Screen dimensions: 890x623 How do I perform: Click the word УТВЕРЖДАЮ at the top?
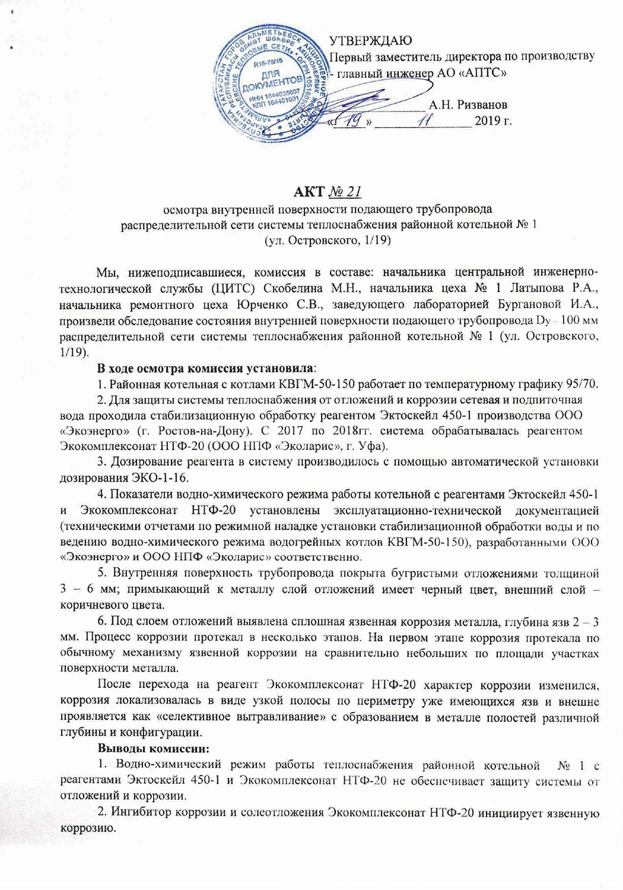pyautogui.click(x=370, y=41)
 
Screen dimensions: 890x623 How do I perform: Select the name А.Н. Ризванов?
pyautogui.click(x=468, y=105)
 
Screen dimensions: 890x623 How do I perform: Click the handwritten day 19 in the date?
pyautogui.click(x=352, y=121)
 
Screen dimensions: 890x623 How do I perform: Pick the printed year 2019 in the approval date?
pyautogui.click(x=487, y=122)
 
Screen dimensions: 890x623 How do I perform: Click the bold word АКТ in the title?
pyautogui.click(x=309, y=192)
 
